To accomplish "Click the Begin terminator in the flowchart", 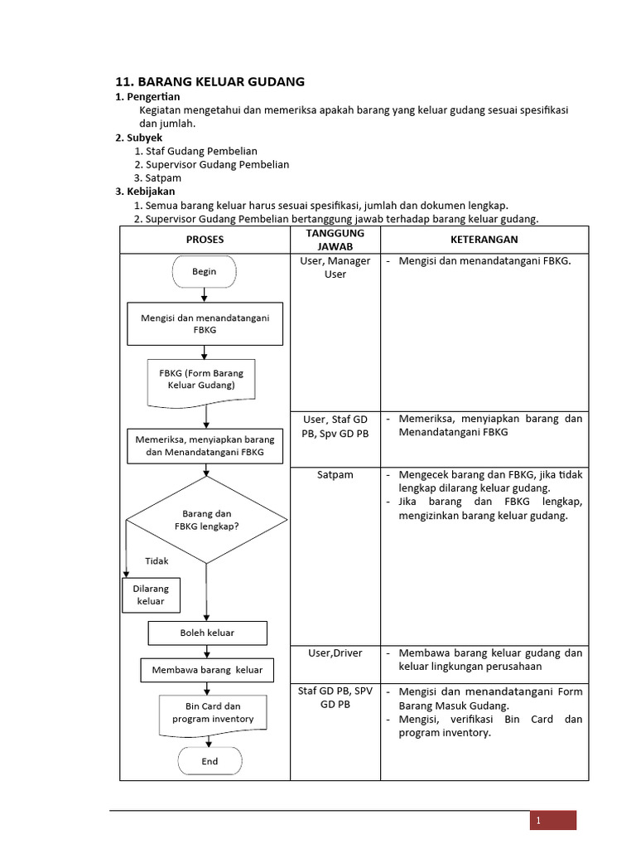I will [x=205, y=271].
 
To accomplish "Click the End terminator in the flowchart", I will [x=210, y=761].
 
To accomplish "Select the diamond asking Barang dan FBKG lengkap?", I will [x=206, y=520].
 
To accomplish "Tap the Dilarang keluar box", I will [x=151, y=594].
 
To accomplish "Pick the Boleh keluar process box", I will [x=207, y=633].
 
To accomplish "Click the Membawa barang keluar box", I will [x=207, y=670].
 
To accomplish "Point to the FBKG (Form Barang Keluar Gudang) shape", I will [x=201, y=380].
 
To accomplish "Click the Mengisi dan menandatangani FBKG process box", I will [x=205, y=323].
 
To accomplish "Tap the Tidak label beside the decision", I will [x=157, y=560].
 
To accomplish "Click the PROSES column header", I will [x=205, y=240].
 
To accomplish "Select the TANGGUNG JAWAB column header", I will [x=335, y=240].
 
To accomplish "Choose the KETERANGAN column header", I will [x=484, y=240].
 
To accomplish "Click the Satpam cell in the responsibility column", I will [x=335, y=475].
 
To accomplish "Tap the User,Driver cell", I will [x=335, y=653].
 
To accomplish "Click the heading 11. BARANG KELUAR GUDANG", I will [x=210, y=81].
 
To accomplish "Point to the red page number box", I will [x=552, y=820].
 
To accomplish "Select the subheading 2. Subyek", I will [x=138, y=138].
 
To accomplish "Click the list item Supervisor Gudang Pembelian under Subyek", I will [x=217, y=164].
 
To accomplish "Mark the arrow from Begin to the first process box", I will [x=205, y=294].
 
